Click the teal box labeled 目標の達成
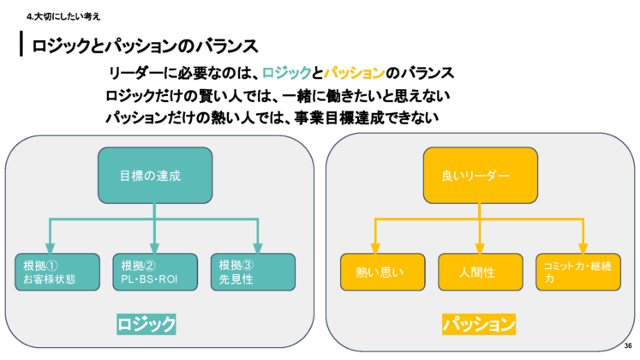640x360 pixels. coord(154,176)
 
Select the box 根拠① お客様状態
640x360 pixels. coord(57,271)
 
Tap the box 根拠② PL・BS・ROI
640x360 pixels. coord(155,271)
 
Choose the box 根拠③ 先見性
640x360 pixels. coord(253,271)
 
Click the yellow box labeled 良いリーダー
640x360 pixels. coord(480,176)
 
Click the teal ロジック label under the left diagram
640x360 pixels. coord(147,324)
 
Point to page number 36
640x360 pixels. coord(628,345)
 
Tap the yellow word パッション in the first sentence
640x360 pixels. coord(353,73)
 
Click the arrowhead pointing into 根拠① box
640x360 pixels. coord(50,249)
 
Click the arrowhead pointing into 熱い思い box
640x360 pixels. coord(375,249)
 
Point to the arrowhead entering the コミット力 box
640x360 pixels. coord(583,249)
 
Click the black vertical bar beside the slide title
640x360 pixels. coord(21,45)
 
